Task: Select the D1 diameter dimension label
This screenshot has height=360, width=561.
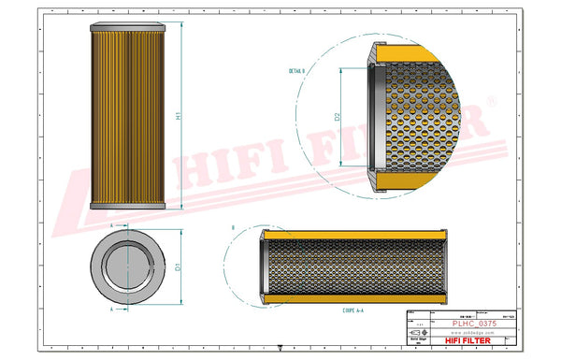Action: pos(178,265)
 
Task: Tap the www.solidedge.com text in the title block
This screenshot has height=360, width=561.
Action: pos(467,332)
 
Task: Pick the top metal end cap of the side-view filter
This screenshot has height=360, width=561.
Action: pos(127,27)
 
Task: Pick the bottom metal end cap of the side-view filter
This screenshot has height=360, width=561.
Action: pos(127,206)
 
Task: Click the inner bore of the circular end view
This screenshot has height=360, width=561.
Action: pos(128,265)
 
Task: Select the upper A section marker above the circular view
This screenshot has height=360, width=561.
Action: pos(112,226)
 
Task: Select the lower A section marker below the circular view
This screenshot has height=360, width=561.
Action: pos(112,306)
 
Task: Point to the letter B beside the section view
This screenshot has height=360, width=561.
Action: pos(233,226)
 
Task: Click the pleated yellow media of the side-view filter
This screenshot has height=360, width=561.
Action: pos(127,117)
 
